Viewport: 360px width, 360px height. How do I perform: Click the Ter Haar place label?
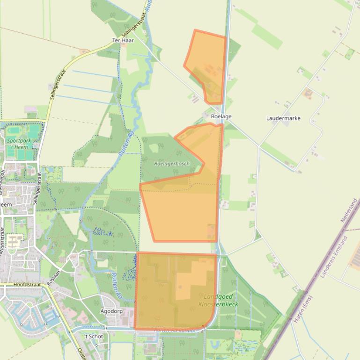point(123,40)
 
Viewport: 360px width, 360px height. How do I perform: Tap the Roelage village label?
point(221,116)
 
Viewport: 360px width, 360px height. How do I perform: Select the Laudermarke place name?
point(283,118)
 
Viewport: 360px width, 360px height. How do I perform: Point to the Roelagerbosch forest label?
point(172,164)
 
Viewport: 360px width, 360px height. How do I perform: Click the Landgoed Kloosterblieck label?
point(219,300)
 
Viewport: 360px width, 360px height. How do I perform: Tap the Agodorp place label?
point(111,311)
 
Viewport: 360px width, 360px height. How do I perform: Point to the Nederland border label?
point(349,210)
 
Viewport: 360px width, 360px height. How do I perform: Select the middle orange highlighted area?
point(185,196)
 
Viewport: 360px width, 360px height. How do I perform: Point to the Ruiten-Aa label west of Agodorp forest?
point(114,286)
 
